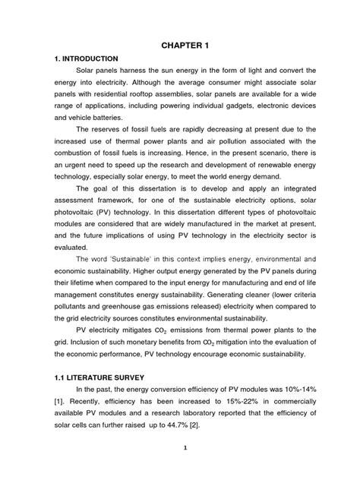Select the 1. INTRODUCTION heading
(x=87, y=58)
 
